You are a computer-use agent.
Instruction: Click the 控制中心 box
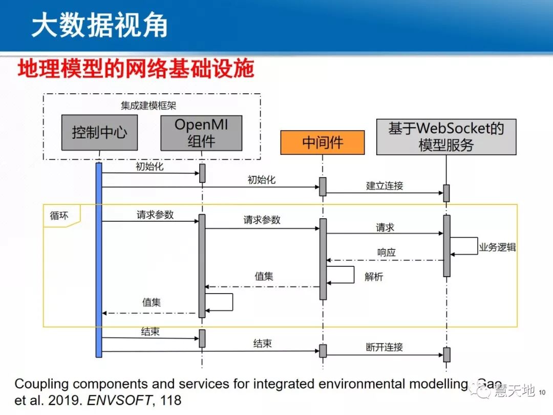click(99, 133)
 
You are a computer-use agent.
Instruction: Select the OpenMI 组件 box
click(201, 133)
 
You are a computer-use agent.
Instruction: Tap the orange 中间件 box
click(322, 142)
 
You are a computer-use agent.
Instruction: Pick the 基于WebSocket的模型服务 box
click(446, 137)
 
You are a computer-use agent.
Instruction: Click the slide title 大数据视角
click(99, 26)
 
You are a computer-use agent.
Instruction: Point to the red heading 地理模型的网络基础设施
click(136, 69)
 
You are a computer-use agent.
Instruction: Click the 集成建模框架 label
click(149, 106)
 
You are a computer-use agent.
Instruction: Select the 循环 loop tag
click(59, 216)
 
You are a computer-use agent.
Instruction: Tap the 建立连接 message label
click(385, 185)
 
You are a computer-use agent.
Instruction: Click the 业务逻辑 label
click(497, 247)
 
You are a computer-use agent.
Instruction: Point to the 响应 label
click(387, 253)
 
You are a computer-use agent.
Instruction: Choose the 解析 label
click(374, 277)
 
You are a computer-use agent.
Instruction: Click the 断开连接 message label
click(385, 347)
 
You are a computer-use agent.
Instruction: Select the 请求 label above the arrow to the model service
click(385, 227)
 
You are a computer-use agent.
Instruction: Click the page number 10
click(543, 392)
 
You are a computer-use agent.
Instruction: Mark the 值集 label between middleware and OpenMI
click(264, 277)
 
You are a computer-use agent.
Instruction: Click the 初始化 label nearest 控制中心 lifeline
click(150, 167)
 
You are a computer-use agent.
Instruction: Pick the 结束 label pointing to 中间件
click(263, 344)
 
